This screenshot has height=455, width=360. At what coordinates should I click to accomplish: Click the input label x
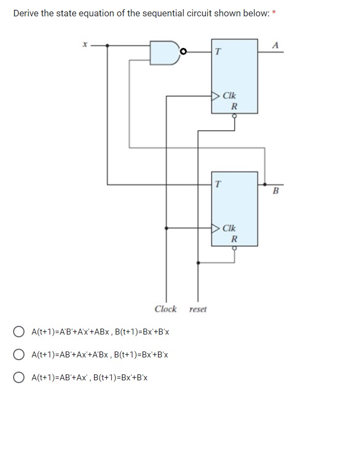pyautogui.click(x=84, y=46)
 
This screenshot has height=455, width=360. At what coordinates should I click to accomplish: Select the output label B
pyautogui.click(x=275, y=191)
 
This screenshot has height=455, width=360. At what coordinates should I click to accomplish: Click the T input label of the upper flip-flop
pyautogui.click(x=218, y=52)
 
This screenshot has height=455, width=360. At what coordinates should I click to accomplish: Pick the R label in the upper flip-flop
pyautogui.click(x=234, y=106)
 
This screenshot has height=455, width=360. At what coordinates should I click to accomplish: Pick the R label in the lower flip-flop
pyautogui.click(x=234, y=239)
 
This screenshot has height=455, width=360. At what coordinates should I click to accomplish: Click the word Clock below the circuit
pyautogui.click(x=166, y=309)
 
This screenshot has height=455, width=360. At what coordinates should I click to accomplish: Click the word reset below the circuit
pyautogui.click(x=198, y=310)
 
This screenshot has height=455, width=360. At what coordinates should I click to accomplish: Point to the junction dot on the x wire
pyautogui.click(x=107, y=45)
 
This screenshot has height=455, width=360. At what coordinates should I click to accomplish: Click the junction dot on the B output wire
pyautogui.click(x=265, y=184)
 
